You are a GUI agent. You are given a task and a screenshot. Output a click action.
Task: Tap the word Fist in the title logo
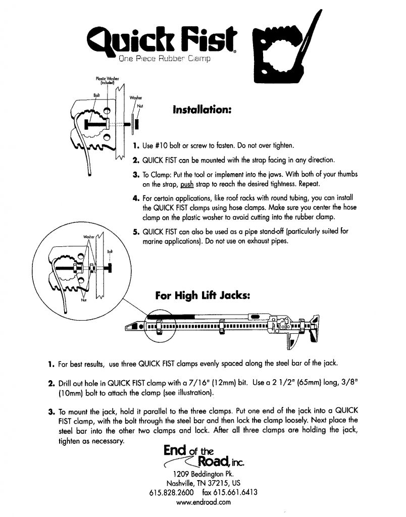pos(212,38)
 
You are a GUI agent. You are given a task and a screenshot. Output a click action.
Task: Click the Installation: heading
pos(202,109)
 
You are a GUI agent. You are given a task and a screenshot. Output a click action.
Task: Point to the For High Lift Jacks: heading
pos(202,296)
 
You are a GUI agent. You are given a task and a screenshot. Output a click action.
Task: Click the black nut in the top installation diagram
pos(137,124)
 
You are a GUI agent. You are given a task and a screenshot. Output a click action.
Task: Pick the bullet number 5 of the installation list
pos(135,232)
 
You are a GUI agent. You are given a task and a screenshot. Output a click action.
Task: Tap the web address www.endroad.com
pos(204,502)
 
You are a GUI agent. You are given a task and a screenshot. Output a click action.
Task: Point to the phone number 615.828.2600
pos(171,492)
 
